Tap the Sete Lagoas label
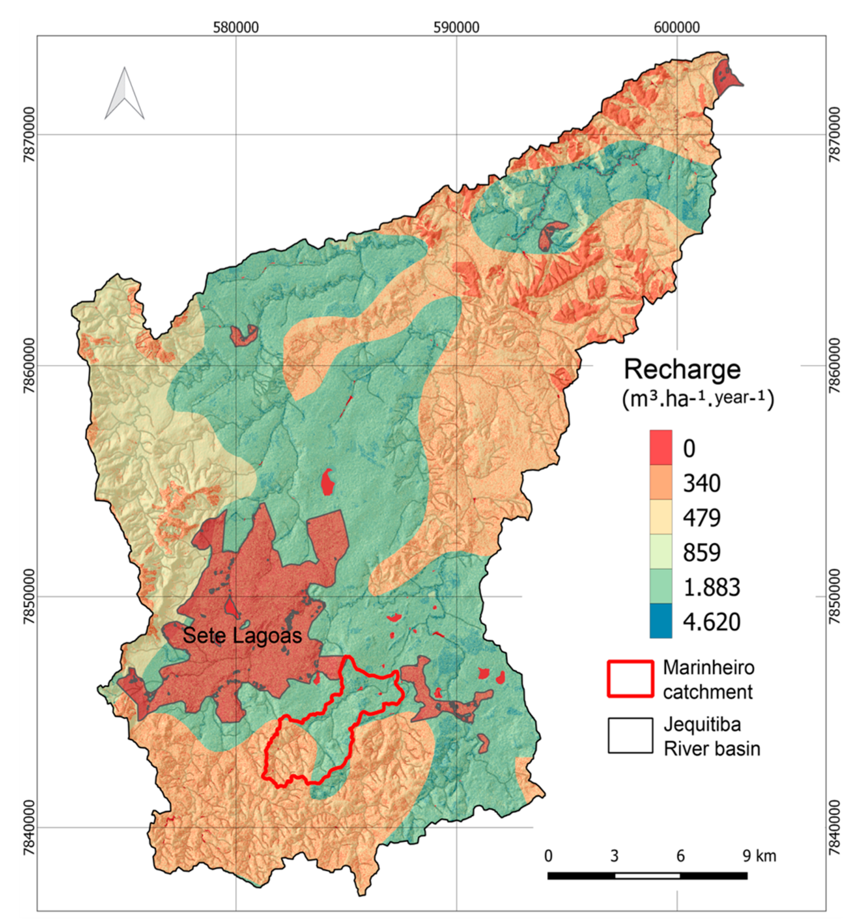point(242,635)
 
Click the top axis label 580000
point(236,27)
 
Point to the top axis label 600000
point(677,27)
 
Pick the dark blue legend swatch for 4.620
point(660,621)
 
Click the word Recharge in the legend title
point(682,370)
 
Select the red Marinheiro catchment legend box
point(630,679)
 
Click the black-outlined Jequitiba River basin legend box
point(630,736)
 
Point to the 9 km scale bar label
point(759,855)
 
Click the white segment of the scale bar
point(647,875)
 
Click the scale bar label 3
point(614,856)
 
